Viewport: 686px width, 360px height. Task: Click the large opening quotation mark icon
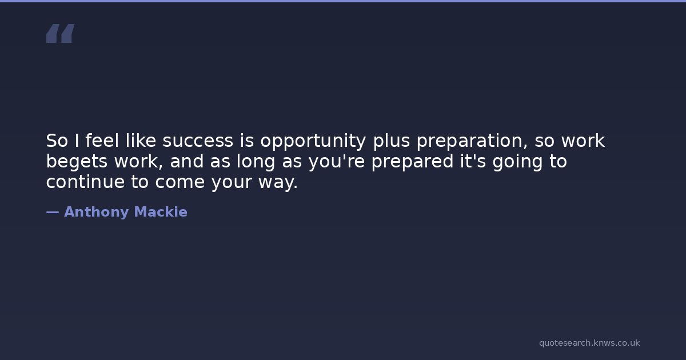point(61,33)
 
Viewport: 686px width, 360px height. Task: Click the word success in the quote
point(198,141)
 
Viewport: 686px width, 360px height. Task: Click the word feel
point(102,141)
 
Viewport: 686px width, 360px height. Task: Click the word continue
point(85,182)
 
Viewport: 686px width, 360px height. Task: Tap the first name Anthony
point(96,212)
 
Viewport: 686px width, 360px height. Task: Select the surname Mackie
point(161,212)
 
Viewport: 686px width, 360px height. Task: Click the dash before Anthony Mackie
point(53,213)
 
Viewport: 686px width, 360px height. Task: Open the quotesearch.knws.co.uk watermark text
point(589,343)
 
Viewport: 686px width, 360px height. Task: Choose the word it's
point(473,161)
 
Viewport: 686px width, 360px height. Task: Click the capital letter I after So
point(77,141)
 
